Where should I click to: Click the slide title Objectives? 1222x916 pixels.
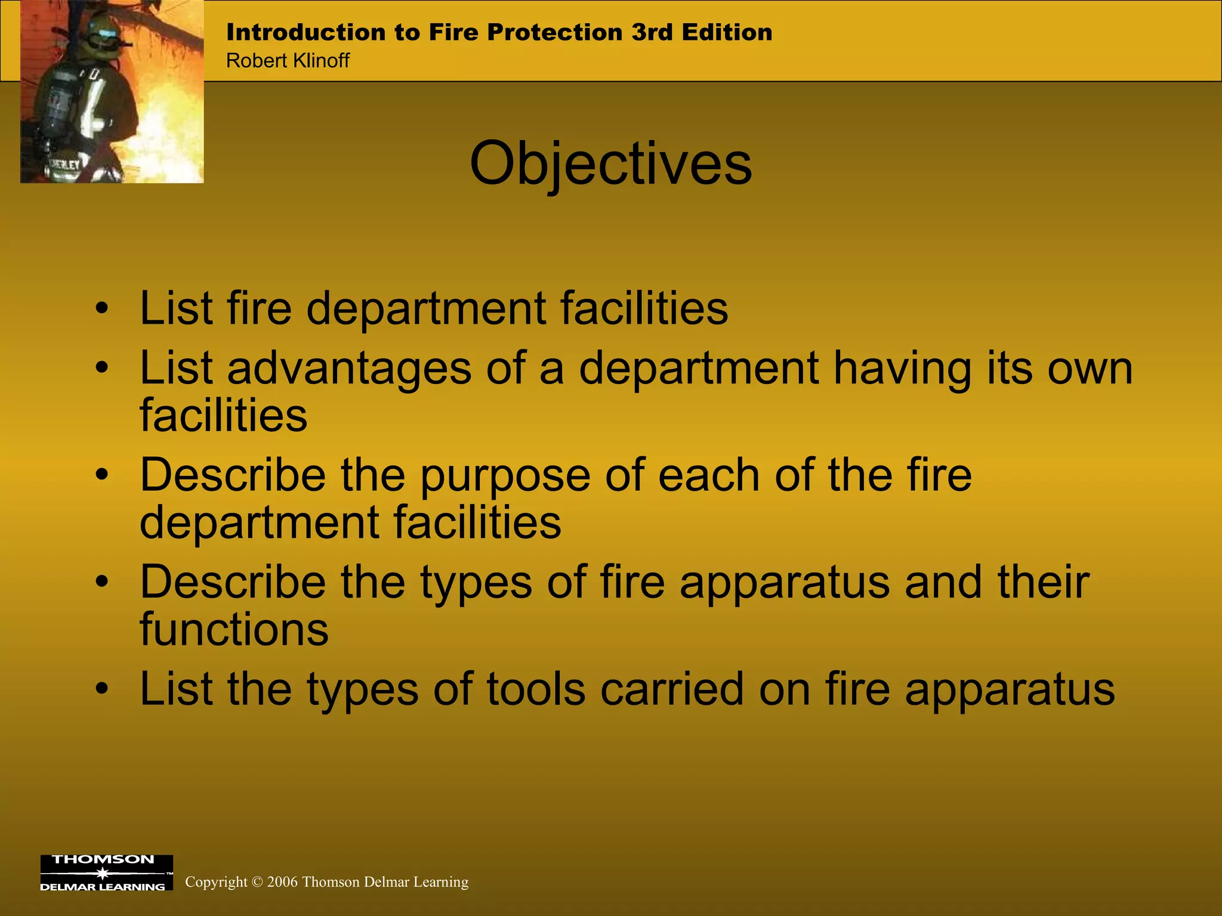click(x=610, y=164)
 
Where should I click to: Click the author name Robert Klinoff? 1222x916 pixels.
click(x=288, y=61)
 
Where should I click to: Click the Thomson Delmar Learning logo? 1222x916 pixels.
click(x=106, y=873)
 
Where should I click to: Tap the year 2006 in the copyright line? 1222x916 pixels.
click(x=282, y=882)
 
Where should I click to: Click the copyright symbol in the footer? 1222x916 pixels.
click(x=257, y=882)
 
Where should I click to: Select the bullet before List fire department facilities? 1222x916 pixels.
click(x=103, y=309)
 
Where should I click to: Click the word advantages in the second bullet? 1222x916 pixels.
click(x=349, y=369)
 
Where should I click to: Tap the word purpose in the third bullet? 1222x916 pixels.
click(x=505, y=476)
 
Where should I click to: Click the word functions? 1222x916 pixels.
click(x=234, y=630)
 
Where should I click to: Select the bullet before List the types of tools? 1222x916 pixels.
click(x=103, y=689)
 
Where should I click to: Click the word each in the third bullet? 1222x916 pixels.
click(x=709, y=476)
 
